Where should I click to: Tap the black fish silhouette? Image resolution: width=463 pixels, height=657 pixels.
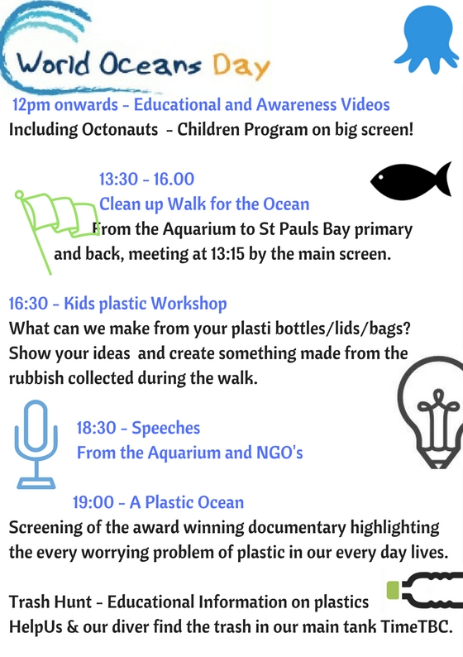tap(410, 180)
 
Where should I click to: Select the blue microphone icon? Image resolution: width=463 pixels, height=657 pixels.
tap(36, 444)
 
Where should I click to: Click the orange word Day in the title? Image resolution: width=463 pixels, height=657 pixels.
tap(241, 67)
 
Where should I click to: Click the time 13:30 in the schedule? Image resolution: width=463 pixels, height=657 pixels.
tap(118, 179)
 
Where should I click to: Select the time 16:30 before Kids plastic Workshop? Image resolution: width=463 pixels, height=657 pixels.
tap(28, 304)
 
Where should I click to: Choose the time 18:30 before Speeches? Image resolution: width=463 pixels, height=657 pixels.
tap(96, 428)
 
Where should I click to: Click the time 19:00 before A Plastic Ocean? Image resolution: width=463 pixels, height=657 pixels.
tap(93, 502)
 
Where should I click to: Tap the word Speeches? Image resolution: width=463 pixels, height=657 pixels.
tap(166, 429)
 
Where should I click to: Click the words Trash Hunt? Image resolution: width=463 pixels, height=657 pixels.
tap(50, 602)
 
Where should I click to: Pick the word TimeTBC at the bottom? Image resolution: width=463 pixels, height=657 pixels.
tap(416, 627)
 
